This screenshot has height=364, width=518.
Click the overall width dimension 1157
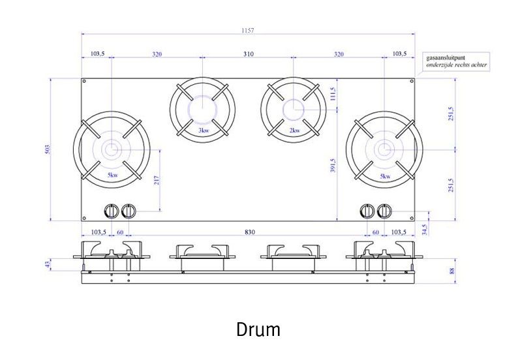(x=247, y=30)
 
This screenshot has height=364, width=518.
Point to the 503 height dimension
(x=47, y=149)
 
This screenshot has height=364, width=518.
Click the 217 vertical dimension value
(x=157, y=181)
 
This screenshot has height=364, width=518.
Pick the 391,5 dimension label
(x=333, y=166)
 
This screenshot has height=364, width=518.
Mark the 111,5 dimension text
(x=333, y=95)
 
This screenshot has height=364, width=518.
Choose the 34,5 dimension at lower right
(x=424, y=229)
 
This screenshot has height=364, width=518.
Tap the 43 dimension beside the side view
(x=47, y=264)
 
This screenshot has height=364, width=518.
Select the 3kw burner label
(x=204, y=130)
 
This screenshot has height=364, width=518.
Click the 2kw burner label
(x=294, y=130)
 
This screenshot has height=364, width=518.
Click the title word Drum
(x=258, y=330)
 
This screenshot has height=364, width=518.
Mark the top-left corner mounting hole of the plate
(x=84, y=82)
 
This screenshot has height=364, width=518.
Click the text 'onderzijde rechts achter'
(x=456, y=65)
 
